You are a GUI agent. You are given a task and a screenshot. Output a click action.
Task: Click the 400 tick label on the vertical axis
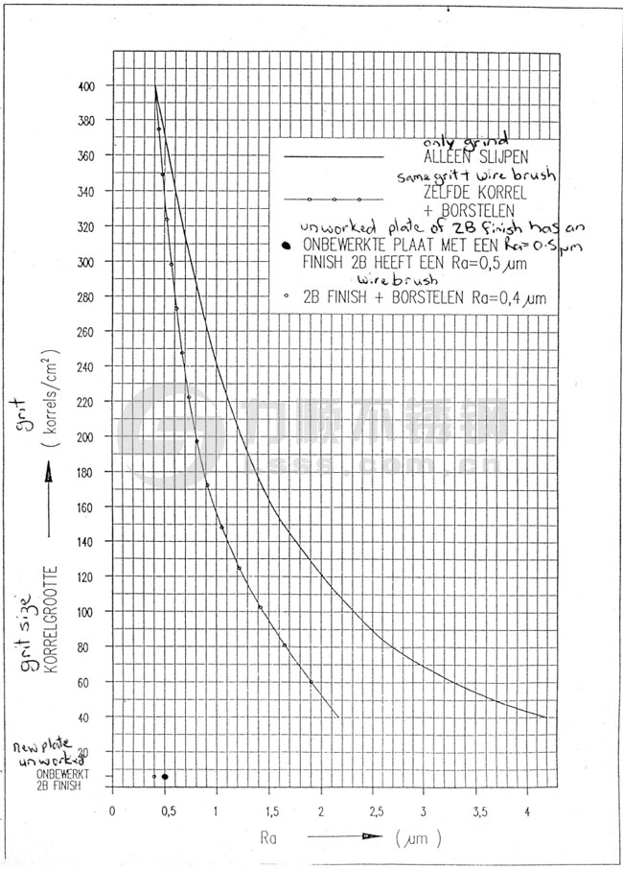pos(87,85)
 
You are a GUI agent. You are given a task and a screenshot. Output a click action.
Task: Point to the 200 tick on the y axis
pos(87,436)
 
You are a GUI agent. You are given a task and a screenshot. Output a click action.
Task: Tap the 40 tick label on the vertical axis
pos(89,716)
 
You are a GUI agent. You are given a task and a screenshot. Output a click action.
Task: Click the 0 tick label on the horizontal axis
pos(113,810)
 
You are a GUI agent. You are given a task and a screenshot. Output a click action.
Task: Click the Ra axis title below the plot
pos(270,836)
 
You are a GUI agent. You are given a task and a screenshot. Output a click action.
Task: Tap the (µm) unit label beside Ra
pos(419,837)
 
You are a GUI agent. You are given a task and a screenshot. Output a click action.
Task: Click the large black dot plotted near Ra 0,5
pos(165,777)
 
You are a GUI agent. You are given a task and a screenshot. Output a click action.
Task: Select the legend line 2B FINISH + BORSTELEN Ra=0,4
pos(425,299)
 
